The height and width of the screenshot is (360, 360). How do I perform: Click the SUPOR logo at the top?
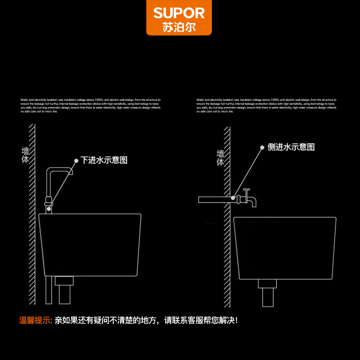click(179, 13)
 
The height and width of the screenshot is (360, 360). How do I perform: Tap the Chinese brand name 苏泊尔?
click(179, 27)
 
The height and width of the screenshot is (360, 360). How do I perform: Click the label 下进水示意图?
click(104, 160)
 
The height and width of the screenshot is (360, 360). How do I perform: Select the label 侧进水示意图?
click(291, 147)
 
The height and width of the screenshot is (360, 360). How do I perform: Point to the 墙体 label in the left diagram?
click(25, 155)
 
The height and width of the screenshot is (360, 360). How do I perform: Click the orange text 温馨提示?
click(36, 321)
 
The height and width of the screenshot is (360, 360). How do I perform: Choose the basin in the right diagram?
click(285, 247)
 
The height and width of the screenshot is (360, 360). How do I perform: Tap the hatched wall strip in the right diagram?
click(227, 216)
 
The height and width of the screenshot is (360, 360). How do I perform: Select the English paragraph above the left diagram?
click(90, 105)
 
